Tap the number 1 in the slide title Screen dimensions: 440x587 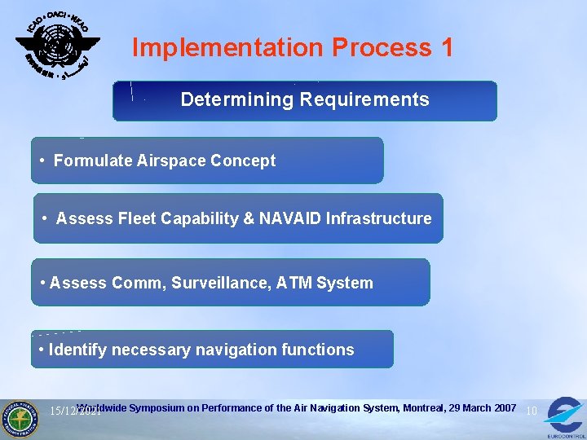click(x=446, y=48)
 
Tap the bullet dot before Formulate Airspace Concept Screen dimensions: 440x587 click(x=42, y=161)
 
